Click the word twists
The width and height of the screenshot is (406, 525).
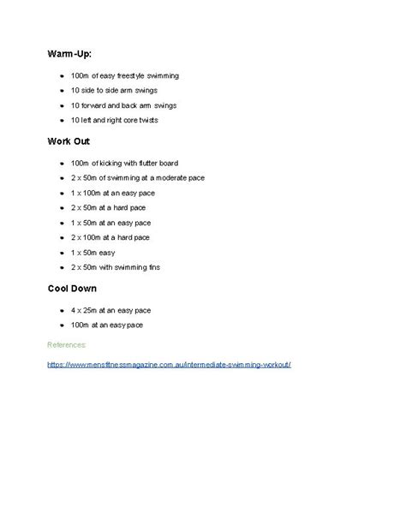click(x=170, y=120)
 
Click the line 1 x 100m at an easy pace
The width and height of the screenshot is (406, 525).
click(x=115, y=192)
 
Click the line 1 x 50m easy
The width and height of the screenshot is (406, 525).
click(x=95, y=252)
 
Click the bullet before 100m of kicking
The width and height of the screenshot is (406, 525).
click(x=61, y=163)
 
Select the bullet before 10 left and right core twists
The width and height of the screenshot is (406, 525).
click(x=61, y=121)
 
